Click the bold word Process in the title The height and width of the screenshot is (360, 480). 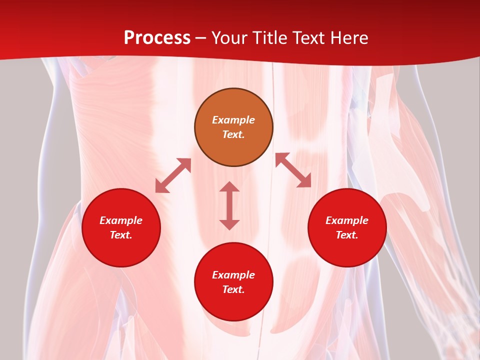(x=157, y=38)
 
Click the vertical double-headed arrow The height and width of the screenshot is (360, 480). (x=229, y=205)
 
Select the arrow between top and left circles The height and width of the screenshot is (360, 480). (x=173, y=175)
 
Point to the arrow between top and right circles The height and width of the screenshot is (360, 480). (x=293, y=170)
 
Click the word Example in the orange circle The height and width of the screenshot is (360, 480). (x=233, y=120)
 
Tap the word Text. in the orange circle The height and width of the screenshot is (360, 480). (x=233, y=134)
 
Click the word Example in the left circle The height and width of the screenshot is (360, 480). (x=121, y=220)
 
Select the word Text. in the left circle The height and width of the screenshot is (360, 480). (x=121, y=235)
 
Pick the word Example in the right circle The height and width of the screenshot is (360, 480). (x=347, y=220)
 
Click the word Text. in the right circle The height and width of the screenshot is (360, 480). (x=347, y=235)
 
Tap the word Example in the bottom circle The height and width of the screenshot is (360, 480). (x=233, y=275)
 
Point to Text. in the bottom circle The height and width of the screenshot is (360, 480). (x=233, y=289)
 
